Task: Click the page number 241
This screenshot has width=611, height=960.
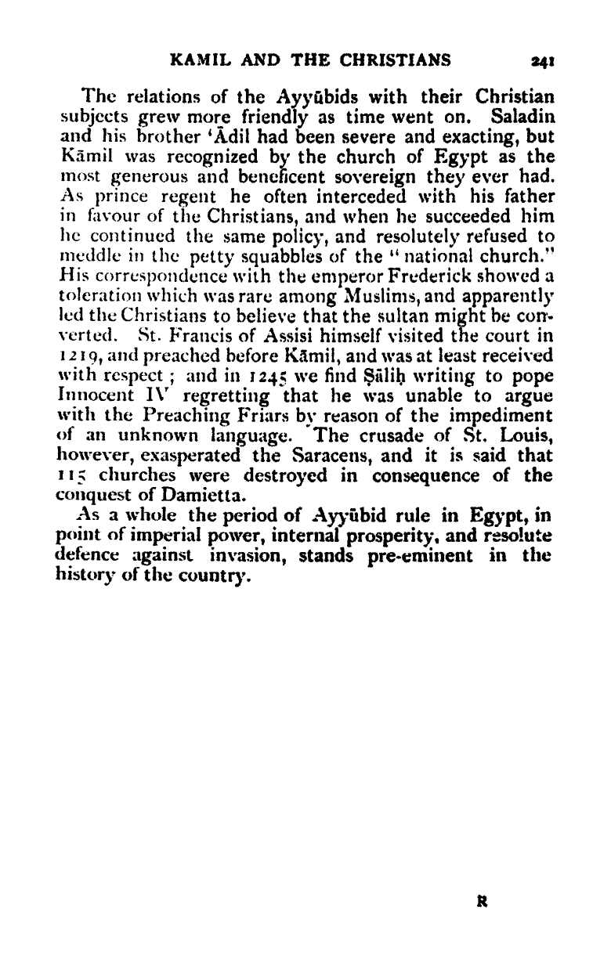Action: click(x=542, y=60)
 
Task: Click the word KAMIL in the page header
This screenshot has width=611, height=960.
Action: click(x=201, y=60)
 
